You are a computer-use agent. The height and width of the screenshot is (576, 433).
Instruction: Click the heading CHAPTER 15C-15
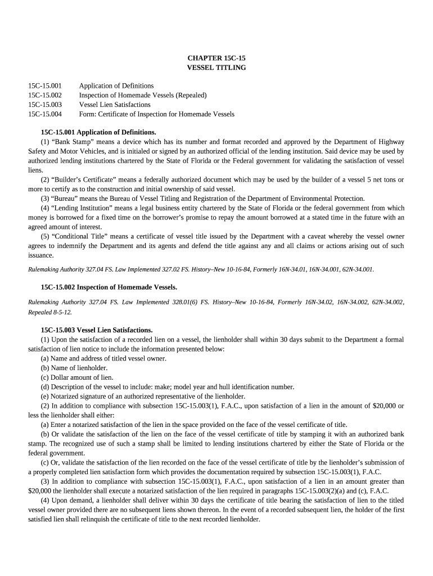pyautogui.click(x=216, y=58)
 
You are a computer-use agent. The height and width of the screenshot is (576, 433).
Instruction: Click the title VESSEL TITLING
pyautogui.click(x=216, y=67)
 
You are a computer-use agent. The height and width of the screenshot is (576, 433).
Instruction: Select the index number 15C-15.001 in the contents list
pyautogui.click(x=45, y=86)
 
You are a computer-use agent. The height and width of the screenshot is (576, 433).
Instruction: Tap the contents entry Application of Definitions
pyautogui.click(x=116, y=86)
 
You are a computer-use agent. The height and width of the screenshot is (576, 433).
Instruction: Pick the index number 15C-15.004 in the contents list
pyautogui.click(x=45, y=114)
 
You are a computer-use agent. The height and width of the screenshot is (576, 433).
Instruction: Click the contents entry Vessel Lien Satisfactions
pyautogui.click(x=115, y=105)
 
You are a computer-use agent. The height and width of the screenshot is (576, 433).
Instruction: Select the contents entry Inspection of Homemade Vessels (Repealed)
pyautogui.click(x=143, y=95)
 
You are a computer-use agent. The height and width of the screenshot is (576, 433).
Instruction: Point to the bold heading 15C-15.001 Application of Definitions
pyautogui.click(x=98, y=133)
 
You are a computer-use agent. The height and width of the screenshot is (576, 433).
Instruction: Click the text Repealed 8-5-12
pyautogui.click(x=50, y=312)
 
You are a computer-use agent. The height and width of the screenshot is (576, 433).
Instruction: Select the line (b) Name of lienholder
pyautogui.click(x=74, y=368)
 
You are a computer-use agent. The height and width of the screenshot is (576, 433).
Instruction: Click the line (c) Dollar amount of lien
pyautogui.click(x=77, y=377)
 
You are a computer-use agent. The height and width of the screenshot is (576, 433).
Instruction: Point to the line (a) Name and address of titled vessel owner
pyautogui.click(x=103, y=358)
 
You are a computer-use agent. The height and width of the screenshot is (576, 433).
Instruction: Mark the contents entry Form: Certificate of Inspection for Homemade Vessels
pyautogui.click(x=156, y=114)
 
